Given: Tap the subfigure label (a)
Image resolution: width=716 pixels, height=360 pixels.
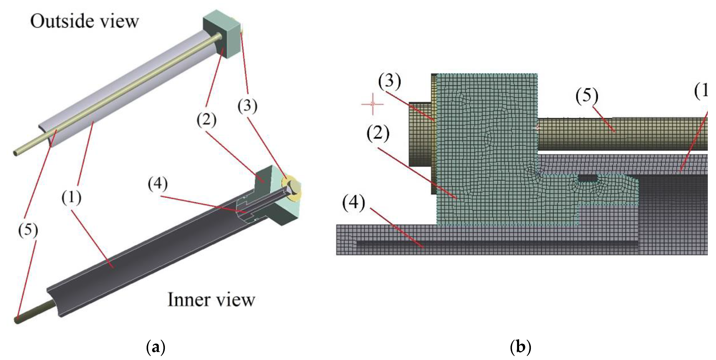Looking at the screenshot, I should (155, 347).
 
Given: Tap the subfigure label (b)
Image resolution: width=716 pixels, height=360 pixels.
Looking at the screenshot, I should (521, 347).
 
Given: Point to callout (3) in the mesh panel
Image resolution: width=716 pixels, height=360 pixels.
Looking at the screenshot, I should (389, 81).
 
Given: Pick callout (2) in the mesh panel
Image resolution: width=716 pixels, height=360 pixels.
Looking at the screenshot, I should (378, 133).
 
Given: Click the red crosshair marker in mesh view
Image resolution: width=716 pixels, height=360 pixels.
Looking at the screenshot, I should (373, 104).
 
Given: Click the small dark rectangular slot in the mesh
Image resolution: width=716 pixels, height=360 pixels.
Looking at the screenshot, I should (587, 178).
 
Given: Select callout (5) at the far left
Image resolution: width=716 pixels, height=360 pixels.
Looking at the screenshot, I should (28, 230).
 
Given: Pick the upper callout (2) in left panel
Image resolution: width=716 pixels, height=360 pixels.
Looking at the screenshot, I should (206, 120).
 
